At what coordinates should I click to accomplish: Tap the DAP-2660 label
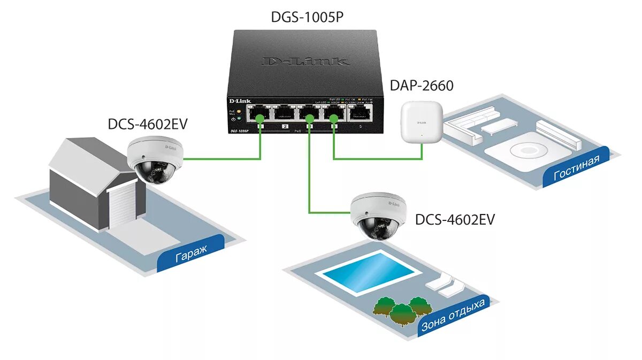[x=423, y=85]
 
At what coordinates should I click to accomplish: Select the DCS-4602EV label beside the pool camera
[x=455, y=219]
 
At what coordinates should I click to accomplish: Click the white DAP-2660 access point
[x=422, y=123]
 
